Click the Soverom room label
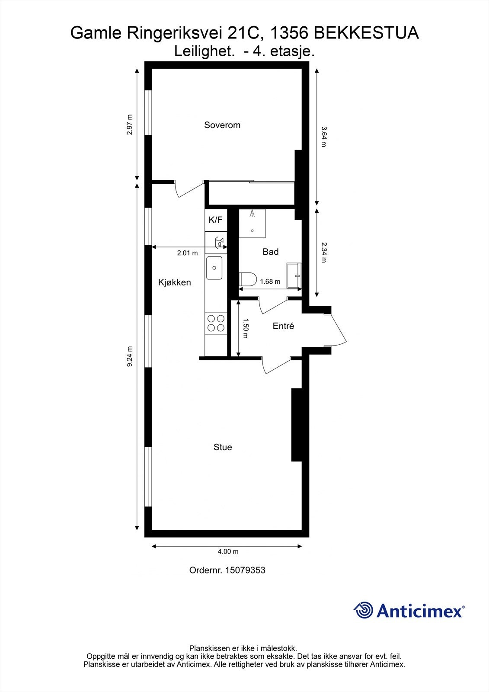click(222, 125)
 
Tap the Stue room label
click(223, 447)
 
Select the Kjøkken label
click(174, 282)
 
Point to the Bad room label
click(271, 252)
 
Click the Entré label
click(283, 326)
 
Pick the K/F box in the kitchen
click(215, 220)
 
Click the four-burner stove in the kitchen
click(216, 323)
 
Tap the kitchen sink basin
click(214, 268)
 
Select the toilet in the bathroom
click(248, 279)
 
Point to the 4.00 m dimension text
click(228, 551)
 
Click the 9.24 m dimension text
click(129, 357)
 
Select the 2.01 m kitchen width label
click(187, 253)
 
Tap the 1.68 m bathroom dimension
click(270, 282)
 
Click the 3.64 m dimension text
click(323, 136)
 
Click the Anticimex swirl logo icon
click(363, 610)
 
